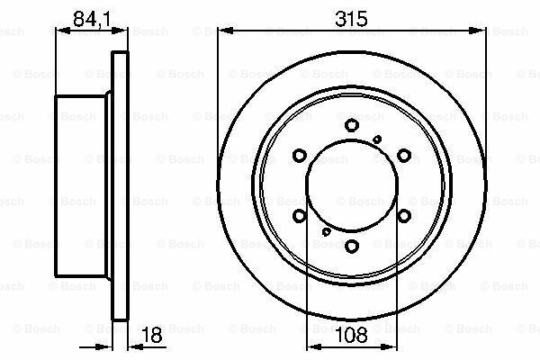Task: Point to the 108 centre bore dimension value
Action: [352, 336]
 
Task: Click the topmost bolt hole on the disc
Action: [352, 126]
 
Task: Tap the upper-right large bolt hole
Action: [403, 156]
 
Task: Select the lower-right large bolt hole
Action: [403, 214]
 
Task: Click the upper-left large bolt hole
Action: [301, 156]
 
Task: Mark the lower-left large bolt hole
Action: [301, 214]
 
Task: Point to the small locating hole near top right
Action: [377, 137]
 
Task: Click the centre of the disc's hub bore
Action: [352, 184]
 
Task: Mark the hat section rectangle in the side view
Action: [83, 184]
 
